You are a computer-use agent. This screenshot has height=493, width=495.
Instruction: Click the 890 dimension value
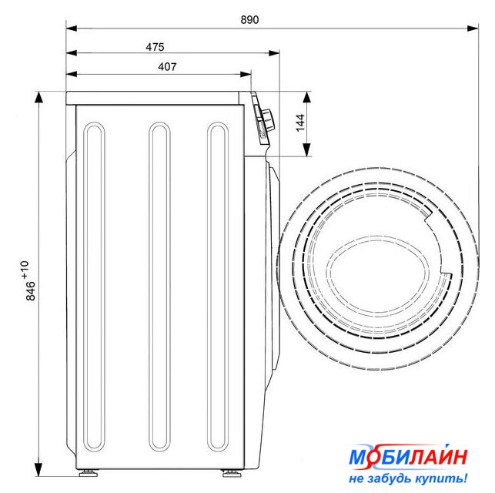249,19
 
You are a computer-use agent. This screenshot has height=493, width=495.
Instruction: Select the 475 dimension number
155,47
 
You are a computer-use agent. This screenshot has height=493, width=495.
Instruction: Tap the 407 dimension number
167,67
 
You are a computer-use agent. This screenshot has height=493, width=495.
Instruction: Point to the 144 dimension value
300,122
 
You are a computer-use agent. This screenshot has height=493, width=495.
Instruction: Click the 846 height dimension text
30,290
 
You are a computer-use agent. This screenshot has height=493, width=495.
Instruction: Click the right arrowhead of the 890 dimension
473,29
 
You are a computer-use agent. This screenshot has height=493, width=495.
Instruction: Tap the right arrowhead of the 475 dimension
273,52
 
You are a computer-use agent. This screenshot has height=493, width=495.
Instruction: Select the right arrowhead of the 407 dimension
246,75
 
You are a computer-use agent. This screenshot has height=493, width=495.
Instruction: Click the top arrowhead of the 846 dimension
38,98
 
